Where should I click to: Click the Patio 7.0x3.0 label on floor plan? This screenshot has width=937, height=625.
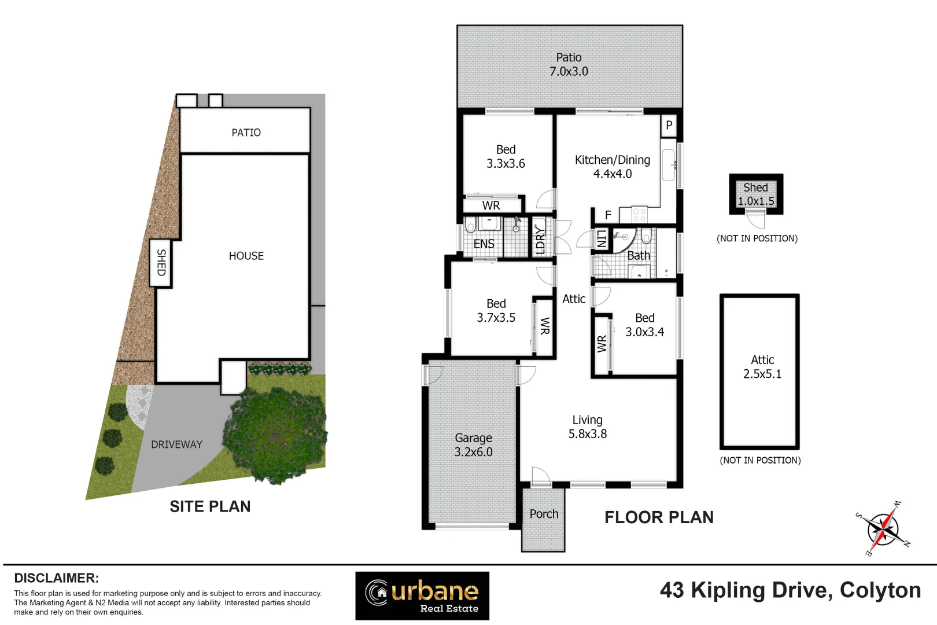click(569, 64)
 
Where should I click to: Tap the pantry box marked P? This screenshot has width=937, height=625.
click(669, 125)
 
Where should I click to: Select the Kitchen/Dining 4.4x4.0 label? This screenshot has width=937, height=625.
click(612, 167)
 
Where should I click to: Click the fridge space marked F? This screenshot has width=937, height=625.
click(608, 215)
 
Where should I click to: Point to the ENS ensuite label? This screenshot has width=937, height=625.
click(484, 244)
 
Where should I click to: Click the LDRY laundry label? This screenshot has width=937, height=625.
click(540, 239)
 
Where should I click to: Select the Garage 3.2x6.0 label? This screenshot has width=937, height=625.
click(473, 445)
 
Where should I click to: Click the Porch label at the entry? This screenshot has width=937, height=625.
click(544, 514)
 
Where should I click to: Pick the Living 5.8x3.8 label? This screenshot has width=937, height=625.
click(587, 427)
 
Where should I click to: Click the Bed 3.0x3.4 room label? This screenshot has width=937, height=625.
click(644, 325)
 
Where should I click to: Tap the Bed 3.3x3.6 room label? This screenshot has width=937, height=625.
click(506, 157)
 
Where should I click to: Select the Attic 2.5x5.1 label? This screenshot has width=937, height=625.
click(762, 367)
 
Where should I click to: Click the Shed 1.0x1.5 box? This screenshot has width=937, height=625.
click(755, 194)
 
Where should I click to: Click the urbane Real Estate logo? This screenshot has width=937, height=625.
click(422, 595)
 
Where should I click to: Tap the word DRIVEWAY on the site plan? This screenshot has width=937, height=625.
click(176, 444)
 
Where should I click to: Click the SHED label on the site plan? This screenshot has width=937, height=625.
click(161, 262)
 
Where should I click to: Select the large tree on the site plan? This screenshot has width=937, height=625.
click(275, 435)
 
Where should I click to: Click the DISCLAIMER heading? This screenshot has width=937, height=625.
click(56, 578)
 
